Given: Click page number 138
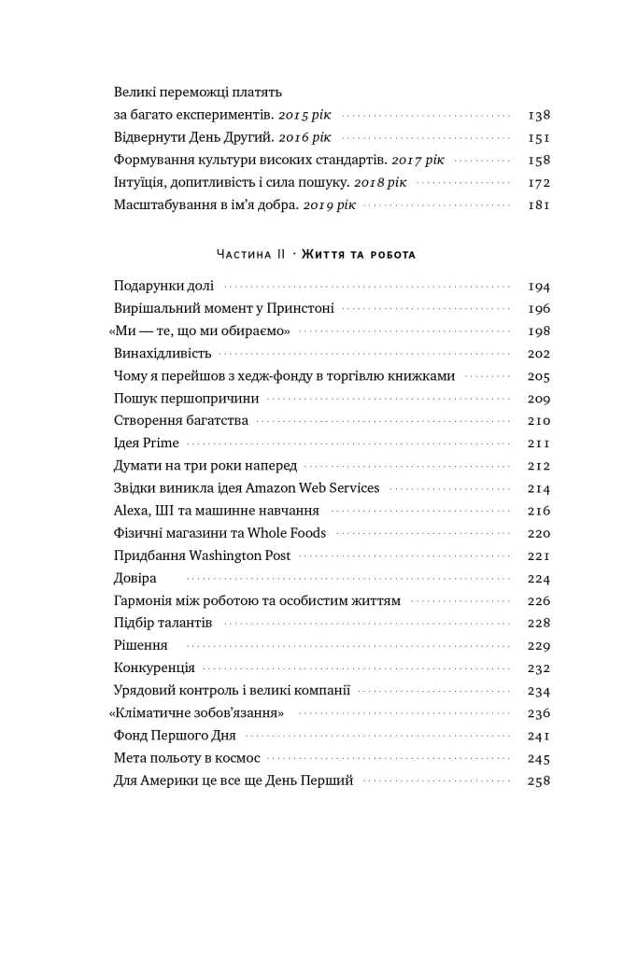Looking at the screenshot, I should click(538, 116).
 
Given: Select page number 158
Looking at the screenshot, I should click(538, 161).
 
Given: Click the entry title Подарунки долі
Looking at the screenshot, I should click(163, 287).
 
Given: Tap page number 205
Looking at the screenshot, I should click(538, 376).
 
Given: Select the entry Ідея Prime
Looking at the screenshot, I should click(146, 443).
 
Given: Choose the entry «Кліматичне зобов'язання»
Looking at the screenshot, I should click(196, 713).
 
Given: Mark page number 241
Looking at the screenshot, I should click(538, 736).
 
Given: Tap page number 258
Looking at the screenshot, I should click(538, 780).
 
